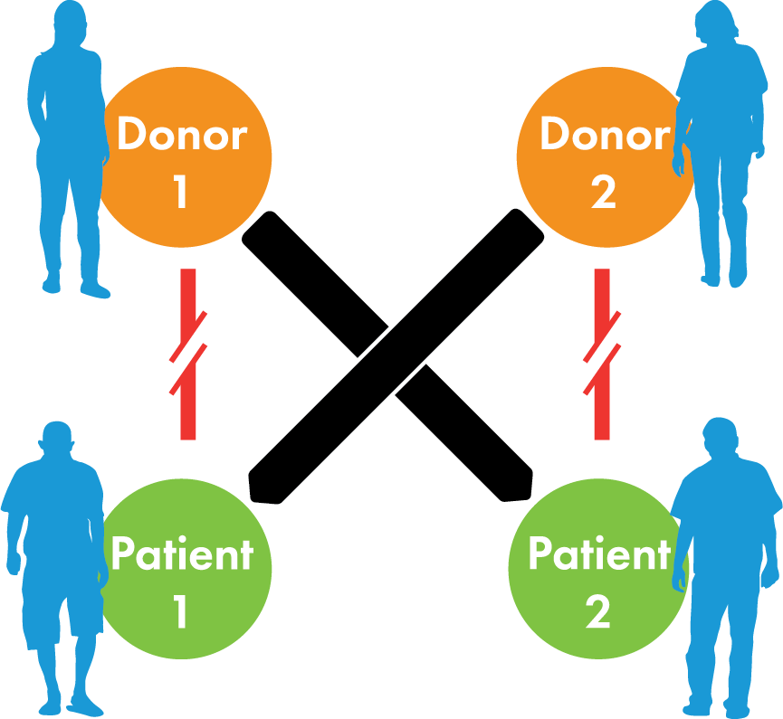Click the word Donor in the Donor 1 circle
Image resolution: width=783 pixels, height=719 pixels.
pyautogui.click(x=182, y=136)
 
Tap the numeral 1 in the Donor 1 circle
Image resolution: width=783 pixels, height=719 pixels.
pyautogui.click(x=180, y=191)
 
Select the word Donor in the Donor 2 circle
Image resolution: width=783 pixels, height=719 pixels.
pyautogui.click(x=604, y=136)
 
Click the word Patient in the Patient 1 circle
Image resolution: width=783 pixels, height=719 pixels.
pyautogui.click(x=181, y=553)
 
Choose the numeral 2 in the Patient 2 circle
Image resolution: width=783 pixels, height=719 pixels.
pyautogui.click(x=597, y=611)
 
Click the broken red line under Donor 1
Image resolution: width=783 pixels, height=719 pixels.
pyautogui.click(x=187, y=354)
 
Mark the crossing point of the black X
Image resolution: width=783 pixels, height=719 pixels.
pyautogui.click(x=391, y=354)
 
